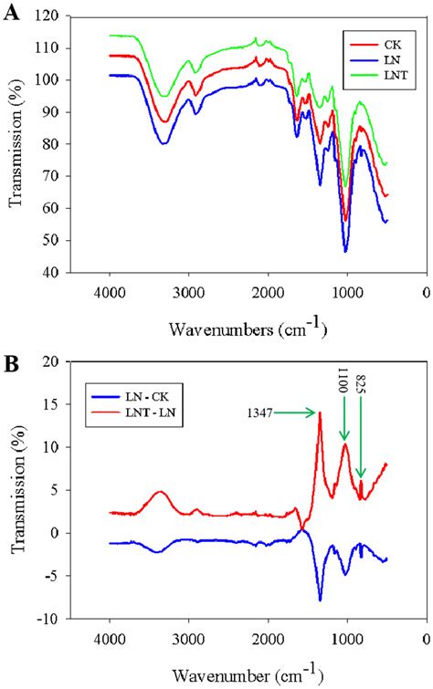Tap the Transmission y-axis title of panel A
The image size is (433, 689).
(16, 144)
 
